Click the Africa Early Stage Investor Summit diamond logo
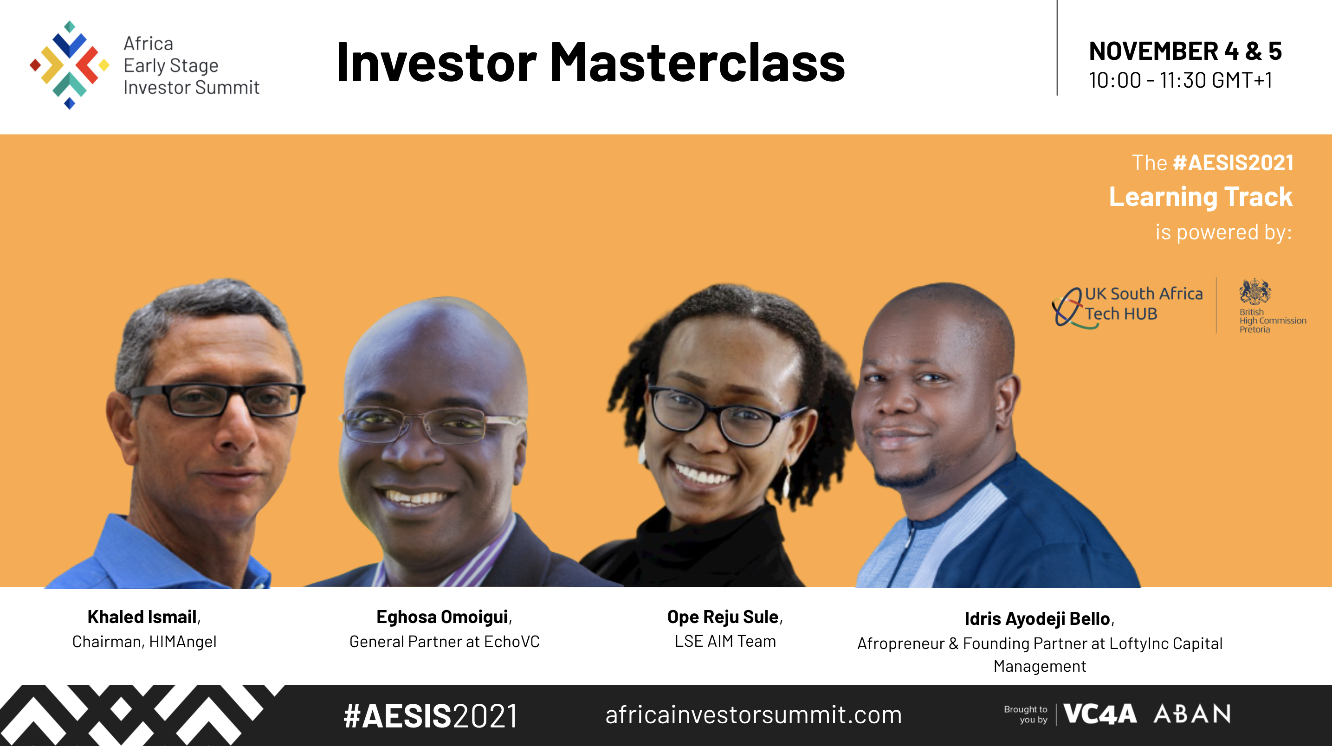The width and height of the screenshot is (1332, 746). [x=69, y=65]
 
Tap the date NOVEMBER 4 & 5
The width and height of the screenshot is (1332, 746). [x=1185, y=51]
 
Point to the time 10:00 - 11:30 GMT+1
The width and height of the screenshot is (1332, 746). [x=1181, y=80]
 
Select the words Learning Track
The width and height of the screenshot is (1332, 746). [x=1201, y=197]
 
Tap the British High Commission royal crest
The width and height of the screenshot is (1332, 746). [x=1254, y=291]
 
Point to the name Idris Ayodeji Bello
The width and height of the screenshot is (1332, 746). [x=1038, y=619]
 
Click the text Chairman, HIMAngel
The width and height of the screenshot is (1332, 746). [x=144, y=642]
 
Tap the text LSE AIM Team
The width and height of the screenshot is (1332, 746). [x=725, y=641]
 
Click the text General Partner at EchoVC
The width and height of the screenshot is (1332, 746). [x=444, y=642]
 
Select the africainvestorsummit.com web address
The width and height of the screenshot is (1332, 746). [x=753, y=715]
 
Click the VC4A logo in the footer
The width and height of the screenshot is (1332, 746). [x=1100, y=714]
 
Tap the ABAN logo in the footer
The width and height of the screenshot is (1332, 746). [x=1192, y=714]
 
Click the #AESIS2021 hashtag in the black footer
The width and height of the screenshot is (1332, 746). [x=430, y=716]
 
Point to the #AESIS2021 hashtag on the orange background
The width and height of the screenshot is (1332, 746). [x=1233, y=163]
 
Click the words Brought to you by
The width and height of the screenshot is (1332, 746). [x=1025, y=714]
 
